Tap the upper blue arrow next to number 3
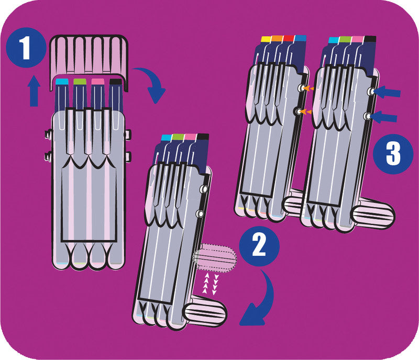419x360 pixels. click(388, 93)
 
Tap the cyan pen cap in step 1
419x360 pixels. click(62, 82)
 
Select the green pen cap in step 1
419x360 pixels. click(80, 82)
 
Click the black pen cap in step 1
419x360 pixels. click(116, 82)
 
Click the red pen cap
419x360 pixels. click(289, 39)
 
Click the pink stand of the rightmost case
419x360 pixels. click(373, 213)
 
